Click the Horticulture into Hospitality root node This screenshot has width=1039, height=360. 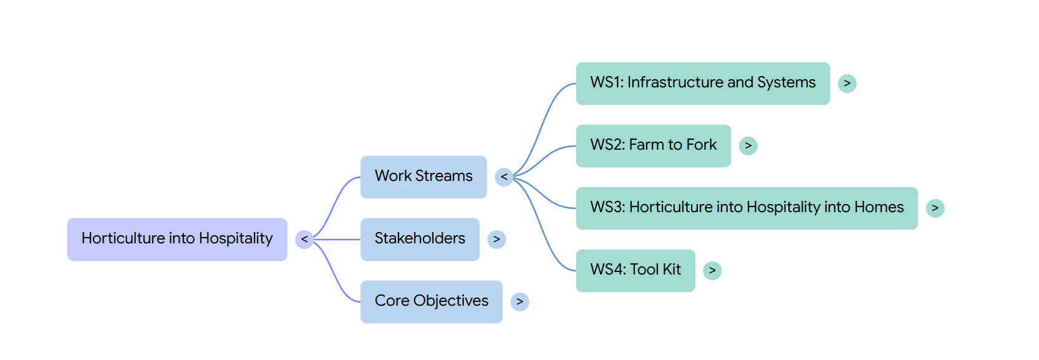177,240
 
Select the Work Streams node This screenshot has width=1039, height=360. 423,177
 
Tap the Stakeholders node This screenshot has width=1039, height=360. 420,240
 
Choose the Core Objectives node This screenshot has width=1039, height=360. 432,302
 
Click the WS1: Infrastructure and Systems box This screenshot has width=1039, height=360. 703,84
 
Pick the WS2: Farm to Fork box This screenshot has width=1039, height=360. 654,145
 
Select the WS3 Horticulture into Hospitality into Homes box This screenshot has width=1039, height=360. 747,208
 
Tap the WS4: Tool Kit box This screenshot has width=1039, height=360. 635,271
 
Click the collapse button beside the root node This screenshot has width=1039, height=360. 304,240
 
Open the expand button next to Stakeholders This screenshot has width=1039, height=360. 497,240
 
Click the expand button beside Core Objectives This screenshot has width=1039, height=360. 520,302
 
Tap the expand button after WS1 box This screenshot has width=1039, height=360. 848,84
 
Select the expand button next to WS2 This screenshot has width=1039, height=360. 748,145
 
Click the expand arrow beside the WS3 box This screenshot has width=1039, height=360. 935,208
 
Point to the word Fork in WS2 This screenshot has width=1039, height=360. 702,145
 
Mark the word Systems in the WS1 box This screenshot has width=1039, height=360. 786,83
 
